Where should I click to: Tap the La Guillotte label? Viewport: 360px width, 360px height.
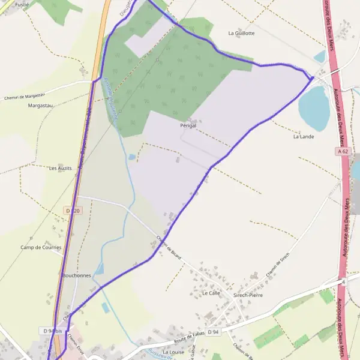(241, 34)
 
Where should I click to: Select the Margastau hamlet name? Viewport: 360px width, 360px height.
(41, 106)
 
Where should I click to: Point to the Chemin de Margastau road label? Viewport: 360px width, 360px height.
(25, 98)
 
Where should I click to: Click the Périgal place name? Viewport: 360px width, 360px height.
(188, 126)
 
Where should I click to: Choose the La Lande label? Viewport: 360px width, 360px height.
(303, 137)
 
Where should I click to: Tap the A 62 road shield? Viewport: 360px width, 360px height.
(343, 152)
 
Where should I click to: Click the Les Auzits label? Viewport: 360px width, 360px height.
(61, 169)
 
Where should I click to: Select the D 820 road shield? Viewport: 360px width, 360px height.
(72, 211)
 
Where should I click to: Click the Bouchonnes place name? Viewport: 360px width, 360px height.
(76, 275)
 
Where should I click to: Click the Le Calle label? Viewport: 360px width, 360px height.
(211, 293)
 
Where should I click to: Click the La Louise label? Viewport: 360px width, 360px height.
(173, 352)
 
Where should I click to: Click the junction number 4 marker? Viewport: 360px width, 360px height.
(343, 281)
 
